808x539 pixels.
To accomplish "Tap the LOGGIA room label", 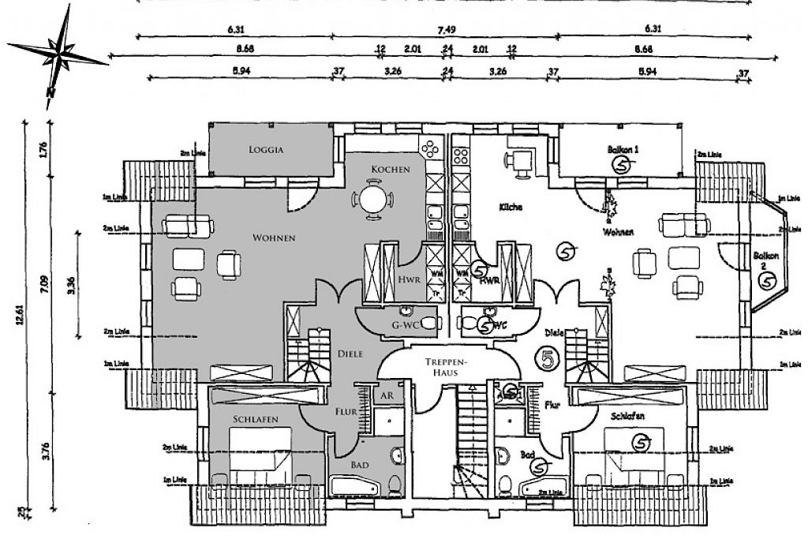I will [265, 148].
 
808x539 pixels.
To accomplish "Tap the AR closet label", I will [387, 394].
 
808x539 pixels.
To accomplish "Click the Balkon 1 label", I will [623, 148].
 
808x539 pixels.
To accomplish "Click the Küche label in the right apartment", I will [511, 207].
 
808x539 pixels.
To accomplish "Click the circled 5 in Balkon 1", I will [623, 165].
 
